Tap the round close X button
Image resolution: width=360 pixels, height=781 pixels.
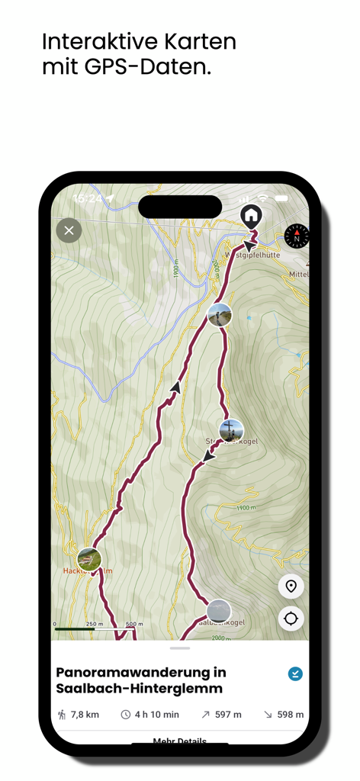point(69,230)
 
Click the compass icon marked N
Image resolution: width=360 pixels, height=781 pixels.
point(297,236)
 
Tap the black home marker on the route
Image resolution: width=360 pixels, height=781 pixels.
point(251,216)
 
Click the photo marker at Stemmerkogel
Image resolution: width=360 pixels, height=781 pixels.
point(231,431)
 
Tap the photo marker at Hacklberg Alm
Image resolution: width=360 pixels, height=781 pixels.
point(89,559)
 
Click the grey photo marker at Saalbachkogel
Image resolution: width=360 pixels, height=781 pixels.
point(218,611)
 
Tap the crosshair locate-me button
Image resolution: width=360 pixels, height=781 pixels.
point(291,619)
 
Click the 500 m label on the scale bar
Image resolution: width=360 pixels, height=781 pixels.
point(134,624)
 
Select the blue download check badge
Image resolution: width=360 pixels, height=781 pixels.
point(295,673)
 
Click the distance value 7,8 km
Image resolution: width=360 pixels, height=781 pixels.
point(85,715)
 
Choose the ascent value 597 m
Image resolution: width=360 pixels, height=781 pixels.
point(227,715)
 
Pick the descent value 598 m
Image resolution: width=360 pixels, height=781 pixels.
point(290,715)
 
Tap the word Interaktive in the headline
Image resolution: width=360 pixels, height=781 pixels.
point(95,40)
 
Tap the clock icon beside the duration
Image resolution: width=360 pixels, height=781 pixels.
point(126,715)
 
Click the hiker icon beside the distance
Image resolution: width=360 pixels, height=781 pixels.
point(62,715)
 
